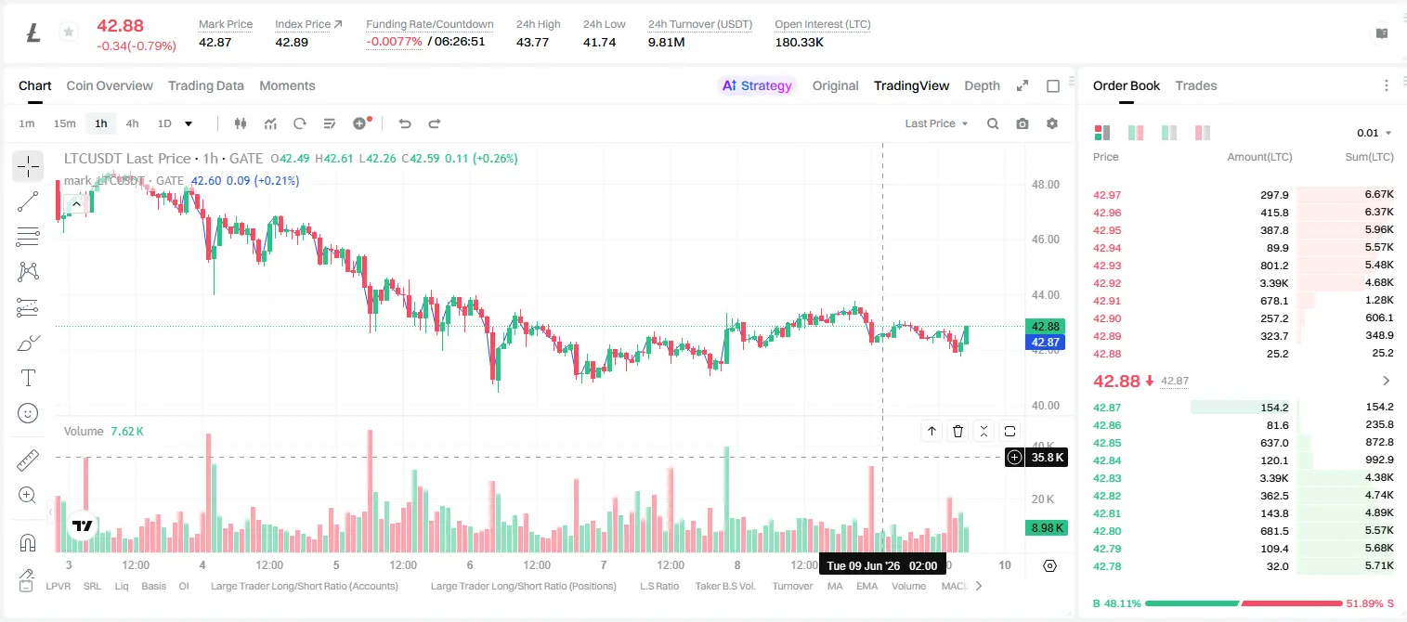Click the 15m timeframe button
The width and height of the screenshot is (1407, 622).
(x=65, y=123)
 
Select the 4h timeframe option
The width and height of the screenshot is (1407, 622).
(x=132, y=123)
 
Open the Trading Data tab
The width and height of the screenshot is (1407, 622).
(x=206, y=86)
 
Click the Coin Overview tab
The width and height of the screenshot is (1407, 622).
(x=110, y=86)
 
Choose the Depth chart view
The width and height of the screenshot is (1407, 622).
(x=982, y=86)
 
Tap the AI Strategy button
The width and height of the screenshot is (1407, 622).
(x=757, y=86)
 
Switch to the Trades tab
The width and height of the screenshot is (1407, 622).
(x=1196, y=86)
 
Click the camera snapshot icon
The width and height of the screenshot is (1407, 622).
(x=1023, y=123)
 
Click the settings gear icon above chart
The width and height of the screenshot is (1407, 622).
(x=1052, y=123)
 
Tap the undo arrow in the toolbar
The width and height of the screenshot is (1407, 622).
(x=405, y=123)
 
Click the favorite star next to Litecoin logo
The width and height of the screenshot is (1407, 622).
(x=69, y=32)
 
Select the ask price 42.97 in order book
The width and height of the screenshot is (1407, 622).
(x=1107, y=195)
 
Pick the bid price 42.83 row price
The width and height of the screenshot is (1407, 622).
(x=1107, y=478)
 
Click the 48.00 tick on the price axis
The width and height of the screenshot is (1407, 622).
(x=1045, y=185)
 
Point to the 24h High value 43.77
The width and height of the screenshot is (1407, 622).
(x=532, y=42)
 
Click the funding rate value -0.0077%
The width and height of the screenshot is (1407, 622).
(x=394, y=42)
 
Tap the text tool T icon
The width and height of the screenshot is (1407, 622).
(x=28, y=378)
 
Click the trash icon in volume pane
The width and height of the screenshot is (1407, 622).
(x=958, y=431)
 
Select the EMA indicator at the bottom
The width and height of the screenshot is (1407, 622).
(x=866, y=586)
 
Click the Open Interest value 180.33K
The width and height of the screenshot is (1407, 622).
(x=799, y=42)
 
